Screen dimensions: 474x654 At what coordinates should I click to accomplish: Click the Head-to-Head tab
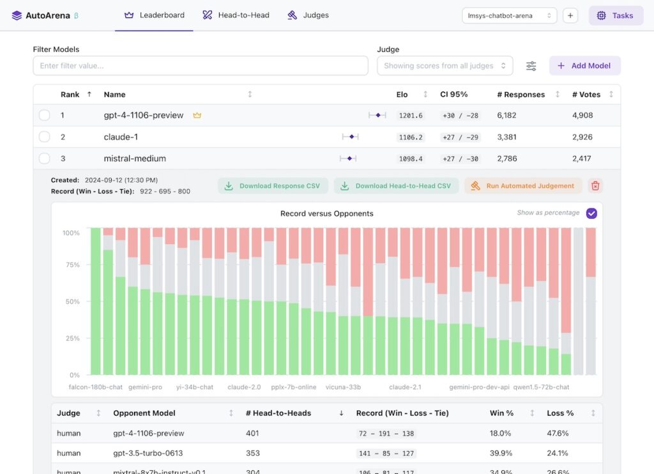pyautogui.click(x=236, y=15)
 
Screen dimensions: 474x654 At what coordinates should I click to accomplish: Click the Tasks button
pyautogui.click(x=616, y=15)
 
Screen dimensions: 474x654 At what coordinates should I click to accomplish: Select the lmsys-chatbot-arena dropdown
pyautogui.click(x=509, y=15)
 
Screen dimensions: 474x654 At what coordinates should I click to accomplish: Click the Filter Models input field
pyautogui.click(x=201, y=66)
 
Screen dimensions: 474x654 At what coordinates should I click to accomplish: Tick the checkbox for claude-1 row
pyautogui.click(x=44, y=137)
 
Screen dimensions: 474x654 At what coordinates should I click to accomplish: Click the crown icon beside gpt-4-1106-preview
pyautogui.click(x=197, y=116)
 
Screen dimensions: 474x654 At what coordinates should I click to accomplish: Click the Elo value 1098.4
pyautogui.click(x=410, y=158)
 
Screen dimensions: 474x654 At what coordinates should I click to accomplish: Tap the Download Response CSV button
pyautogui.click(x=273, y=186)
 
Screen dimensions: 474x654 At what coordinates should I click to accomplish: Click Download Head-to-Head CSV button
pyautogui.click(x=396, y=186)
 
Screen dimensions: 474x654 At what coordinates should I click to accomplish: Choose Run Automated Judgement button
pyautogui.click(x=523, y=186)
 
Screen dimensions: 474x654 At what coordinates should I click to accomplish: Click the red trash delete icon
pyautogui.click(x=595, y=186)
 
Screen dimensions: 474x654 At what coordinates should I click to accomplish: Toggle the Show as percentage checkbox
pyautogui.click(x=591, y=213)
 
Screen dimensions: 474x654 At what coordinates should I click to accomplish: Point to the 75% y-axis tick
pyautogui.click(x=72, y=265)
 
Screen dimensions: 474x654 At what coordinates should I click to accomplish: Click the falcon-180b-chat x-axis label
pyautogui.click(x=96, y=387)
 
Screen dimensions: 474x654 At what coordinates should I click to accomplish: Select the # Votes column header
pyautogui.click(x=586, y=95)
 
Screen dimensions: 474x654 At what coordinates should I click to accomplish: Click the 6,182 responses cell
pyautogui.click(x=506, y=116)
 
